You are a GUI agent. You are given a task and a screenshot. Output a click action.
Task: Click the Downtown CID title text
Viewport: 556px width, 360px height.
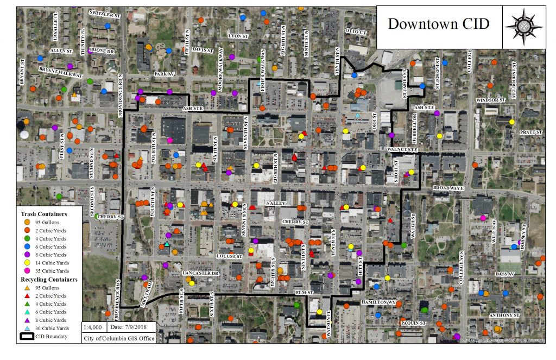pyautogui.click(x=438, y=24)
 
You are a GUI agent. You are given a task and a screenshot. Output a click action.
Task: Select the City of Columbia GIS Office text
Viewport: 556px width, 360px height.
pyautogui.click(x=119, y=338)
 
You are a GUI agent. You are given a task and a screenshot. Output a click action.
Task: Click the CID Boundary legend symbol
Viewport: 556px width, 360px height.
pyautogui.click(x=27, y=337)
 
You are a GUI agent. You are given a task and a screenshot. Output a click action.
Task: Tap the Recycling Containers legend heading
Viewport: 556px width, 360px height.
pyautogui.click(x=49, y=279)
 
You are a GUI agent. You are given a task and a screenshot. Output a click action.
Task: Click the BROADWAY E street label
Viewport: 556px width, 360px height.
pyautogui.click(x=449, y=188)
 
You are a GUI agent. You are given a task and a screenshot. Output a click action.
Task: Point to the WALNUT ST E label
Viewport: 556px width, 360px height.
pyautogui.click(x=402, y=149)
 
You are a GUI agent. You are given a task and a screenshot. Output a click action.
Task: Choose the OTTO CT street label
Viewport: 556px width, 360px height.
pyautogui.click(x=356, y=31)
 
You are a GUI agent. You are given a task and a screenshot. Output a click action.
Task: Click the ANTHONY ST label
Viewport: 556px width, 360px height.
pyautogui.click(x=504, y=315)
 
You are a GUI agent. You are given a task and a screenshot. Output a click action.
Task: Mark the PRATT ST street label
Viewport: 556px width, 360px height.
pyautogui.click(x=530, y=132)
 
